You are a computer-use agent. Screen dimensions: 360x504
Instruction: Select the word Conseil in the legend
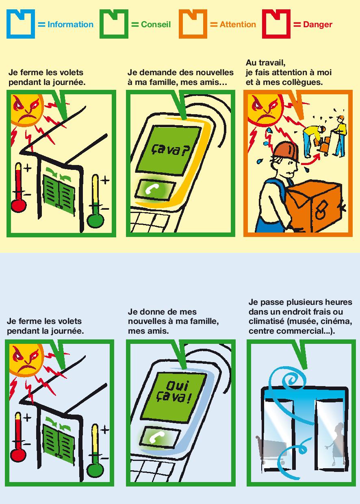156,24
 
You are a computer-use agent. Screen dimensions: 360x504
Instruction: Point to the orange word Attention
238,24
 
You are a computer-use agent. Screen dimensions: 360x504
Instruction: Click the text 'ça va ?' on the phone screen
170,150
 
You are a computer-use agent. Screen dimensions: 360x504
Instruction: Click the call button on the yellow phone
156,189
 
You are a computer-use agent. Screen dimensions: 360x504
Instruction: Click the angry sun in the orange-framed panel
265,110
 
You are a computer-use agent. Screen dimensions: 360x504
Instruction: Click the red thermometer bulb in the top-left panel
19,205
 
